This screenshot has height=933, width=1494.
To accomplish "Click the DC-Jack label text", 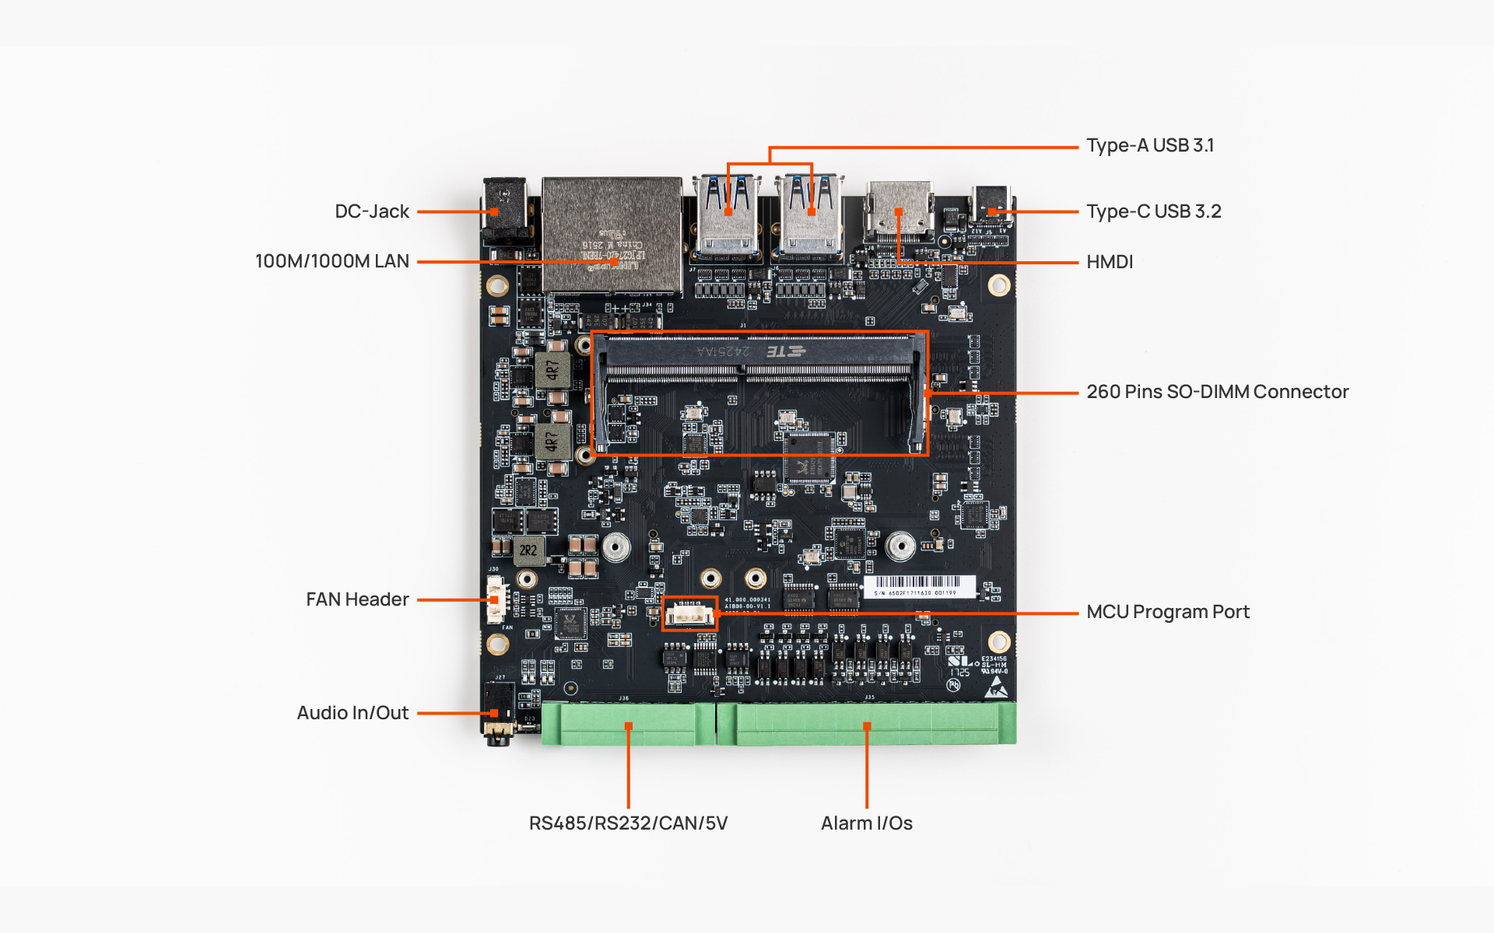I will (371, 211).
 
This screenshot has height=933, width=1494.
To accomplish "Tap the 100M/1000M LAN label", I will (331, 261).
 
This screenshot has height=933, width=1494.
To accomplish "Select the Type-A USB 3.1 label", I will (1149, 145).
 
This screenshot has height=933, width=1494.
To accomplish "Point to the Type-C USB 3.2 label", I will (1153, 211).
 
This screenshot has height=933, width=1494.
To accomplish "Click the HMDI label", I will (1110, 262).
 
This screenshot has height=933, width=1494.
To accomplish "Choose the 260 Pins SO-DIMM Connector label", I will (1217, 392).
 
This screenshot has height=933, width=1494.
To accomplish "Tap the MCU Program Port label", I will (1167, 612).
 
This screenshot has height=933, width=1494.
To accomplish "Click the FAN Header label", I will (357, 599).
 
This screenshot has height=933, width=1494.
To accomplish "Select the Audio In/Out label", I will (352, 713).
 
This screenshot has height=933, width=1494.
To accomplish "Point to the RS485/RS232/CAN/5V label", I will (628, 823).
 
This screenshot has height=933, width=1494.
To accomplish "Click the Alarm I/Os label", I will (866, 823).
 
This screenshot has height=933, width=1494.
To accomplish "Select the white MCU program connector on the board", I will (689, 614).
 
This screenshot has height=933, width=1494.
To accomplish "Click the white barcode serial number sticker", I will (918, 586).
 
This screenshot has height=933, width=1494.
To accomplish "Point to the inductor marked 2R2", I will (528, 550).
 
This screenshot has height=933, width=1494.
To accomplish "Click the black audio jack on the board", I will (498, 711).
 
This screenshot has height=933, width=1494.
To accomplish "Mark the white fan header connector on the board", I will (496, 599).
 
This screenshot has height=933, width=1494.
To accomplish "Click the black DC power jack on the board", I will (505, 211).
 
